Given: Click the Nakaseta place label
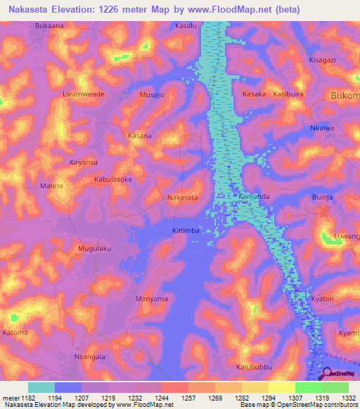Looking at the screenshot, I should (x=182, y=197).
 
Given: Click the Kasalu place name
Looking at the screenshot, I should (x=186, y=25).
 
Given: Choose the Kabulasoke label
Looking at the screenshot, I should (x=113, y=180).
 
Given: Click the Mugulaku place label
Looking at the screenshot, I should (x=96, y=249).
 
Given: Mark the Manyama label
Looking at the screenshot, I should (x=151, y=299).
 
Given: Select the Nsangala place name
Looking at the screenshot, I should (x=89, y=357).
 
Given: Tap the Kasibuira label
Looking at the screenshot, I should (x=288, y=93).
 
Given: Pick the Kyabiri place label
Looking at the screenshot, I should (x=326, y=299).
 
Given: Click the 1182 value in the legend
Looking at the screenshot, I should (x=21, y=398).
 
